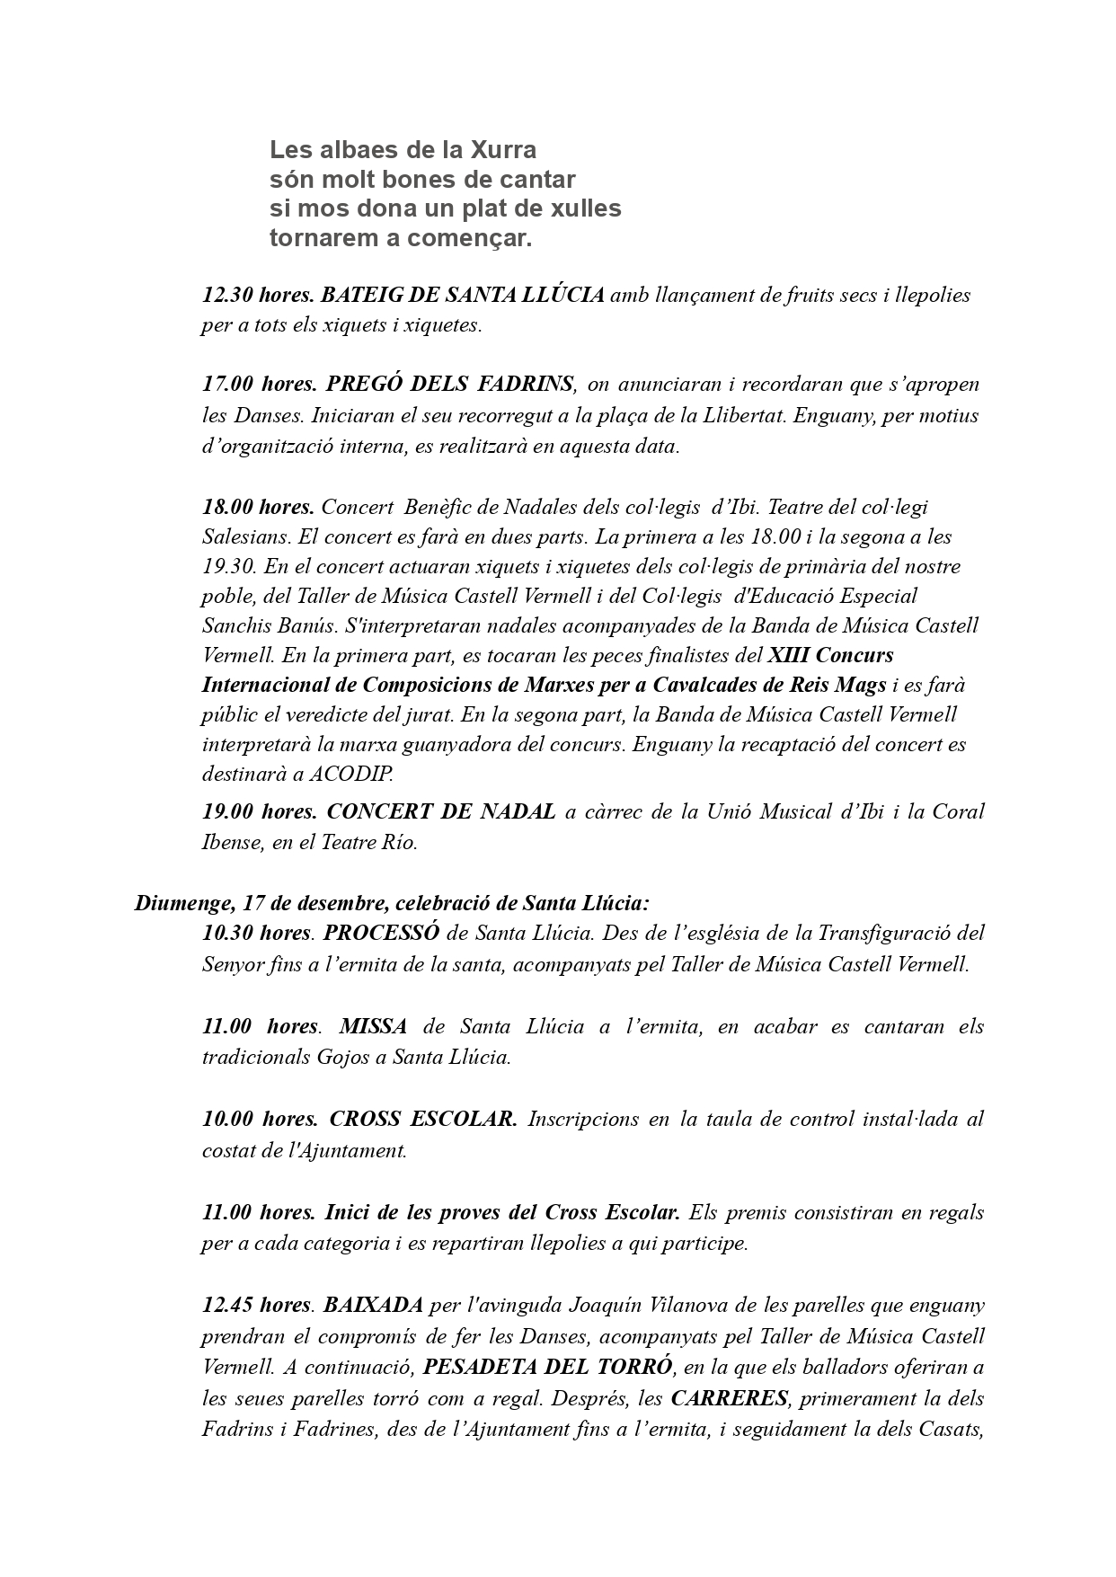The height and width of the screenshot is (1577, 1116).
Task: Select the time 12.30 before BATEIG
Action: click(226, 295)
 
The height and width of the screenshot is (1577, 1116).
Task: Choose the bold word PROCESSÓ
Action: click(381, 932)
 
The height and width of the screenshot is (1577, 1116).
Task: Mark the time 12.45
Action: click(227, 1304)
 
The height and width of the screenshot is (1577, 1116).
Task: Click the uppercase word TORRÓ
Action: click(633, 1367)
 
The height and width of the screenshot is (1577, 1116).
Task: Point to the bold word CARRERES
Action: click(729, 1398)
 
